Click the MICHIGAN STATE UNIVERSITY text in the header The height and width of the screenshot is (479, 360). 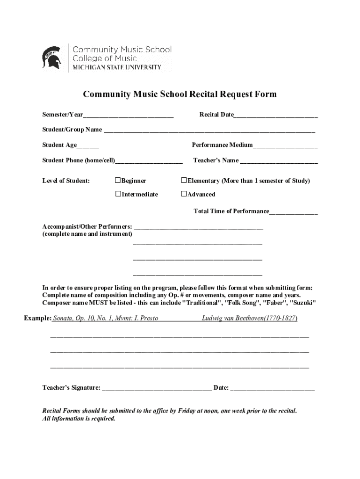tap(117, 67)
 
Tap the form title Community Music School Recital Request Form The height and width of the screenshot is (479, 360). tap(180, 94)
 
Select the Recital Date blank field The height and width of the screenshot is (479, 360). tap(275, 116)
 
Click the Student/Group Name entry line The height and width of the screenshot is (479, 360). tap(209, 130)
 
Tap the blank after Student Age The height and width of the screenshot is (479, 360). tap(88, 146)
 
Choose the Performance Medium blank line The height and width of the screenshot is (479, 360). tap(285, 146)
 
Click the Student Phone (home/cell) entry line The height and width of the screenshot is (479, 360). tap(149, 161)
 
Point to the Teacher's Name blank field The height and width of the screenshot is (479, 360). tap(279, 161)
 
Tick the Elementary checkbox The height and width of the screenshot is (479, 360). tap(184, 181)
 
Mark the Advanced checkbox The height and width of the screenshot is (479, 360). tap(184, 194)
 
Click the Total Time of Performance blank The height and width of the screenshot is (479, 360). tap(293, 212)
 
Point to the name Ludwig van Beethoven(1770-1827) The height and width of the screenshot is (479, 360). tap(249, 319)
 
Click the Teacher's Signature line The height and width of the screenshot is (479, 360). tap(157, 388)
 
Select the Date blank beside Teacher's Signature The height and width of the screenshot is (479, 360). tap(273, 388)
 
